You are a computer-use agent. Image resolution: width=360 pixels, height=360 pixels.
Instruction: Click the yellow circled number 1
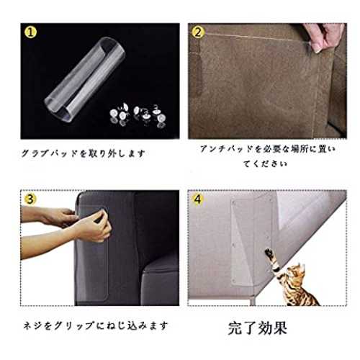(30, 32)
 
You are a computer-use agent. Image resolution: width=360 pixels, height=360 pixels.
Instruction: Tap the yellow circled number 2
(198, 32)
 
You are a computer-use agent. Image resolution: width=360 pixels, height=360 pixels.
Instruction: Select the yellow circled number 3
(30, 199)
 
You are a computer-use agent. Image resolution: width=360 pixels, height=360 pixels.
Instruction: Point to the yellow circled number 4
(197, 199)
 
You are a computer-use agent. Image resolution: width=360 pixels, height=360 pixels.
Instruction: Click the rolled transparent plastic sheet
(85, 79)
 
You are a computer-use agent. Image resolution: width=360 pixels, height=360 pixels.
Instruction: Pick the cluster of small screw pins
(138, 116)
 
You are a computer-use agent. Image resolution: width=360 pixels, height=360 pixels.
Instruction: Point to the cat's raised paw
(269, 253)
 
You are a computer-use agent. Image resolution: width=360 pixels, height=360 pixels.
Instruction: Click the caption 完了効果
(258, 328)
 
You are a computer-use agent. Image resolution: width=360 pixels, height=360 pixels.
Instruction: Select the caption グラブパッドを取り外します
(84, 153)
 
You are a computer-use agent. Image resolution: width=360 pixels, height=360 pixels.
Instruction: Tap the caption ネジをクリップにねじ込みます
(95, 325)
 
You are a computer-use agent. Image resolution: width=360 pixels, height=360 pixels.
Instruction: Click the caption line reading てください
(265, 163)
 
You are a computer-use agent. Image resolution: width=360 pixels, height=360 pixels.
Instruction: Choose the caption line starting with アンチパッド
(268, 149)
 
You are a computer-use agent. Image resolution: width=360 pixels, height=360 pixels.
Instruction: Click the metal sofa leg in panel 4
(253, 302)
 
